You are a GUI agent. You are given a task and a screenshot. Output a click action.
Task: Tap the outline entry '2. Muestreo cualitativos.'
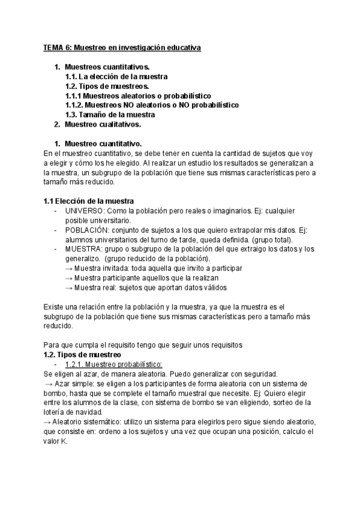click(102, 124)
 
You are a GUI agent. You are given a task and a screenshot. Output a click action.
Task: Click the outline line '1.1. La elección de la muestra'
click(116, 76)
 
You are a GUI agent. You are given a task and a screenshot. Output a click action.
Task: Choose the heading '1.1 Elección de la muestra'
click(89, 200)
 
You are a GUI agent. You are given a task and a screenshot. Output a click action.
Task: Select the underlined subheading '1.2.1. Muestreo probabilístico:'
click(114, 364)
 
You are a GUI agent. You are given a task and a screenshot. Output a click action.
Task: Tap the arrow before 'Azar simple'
click(49, 384)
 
